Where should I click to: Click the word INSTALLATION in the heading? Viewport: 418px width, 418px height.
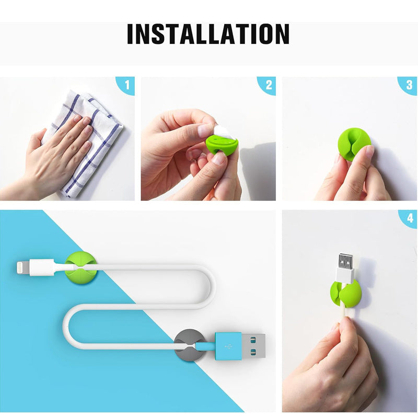[208, 34]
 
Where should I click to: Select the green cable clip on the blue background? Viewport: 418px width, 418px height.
[79, 269]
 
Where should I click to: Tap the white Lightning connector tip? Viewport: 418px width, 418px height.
[23, 269]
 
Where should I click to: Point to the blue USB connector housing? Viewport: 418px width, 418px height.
[228, 346]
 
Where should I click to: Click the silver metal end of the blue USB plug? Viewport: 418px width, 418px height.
[253, 346]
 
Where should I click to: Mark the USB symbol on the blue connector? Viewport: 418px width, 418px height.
[229, 346]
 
